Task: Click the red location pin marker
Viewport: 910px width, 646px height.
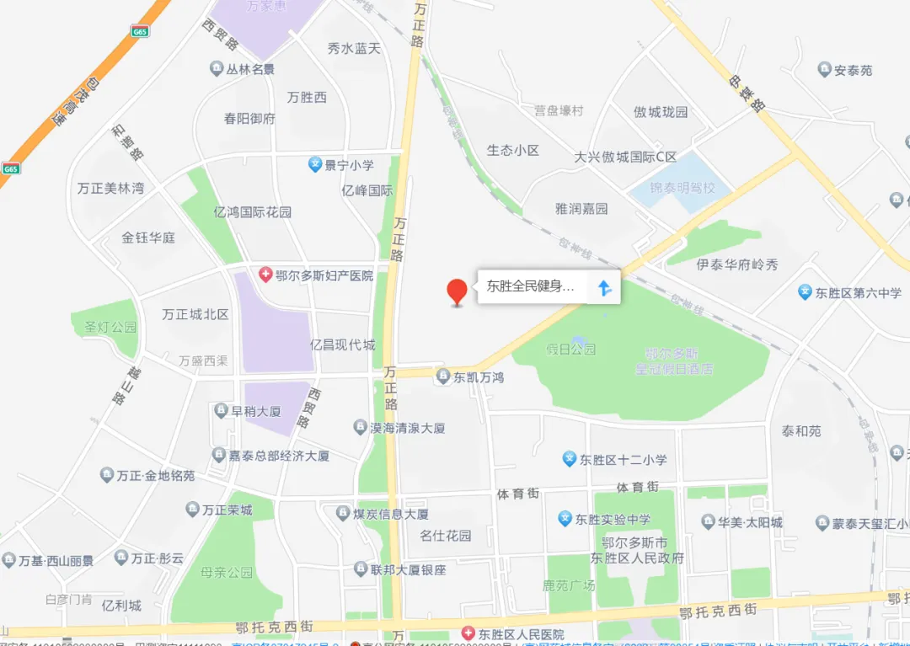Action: click(457, 291)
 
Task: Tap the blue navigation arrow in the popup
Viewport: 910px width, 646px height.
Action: click(604, 288)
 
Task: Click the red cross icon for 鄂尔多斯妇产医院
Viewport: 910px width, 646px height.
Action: click(265, 275)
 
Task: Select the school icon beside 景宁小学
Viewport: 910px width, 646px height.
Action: click(315, 165)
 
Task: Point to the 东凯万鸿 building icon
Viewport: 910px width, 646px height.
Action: click(443, 377)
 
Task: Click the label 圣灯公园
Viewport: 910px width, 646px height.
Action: click(104, 327)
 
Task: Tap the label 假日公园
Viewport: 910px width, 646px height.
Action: click(570, 349)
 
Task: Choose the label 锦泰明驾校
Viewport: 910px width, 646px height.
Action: click(682, 188)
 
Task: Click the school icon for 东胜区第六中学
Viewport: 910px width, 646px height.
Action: click(805, 292)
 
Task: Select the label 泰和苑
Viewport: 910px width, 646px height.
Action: click(800, 431)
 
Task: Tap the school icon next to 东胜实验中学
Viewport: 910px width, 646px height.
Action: click(565, 520)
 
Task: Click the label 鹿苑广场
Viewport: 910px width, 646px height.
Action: click(569, 585)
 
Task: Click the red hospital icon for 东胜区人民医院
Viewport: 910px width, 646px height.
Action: click(468, 633)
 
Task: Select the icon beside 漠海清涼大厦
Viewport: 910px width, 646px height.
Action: click(360, 428)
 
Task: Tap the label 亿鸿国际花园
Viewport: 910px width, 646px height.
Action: click(253, 212)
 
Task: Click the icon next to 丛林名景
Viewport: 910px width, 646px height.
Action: click(217, 69)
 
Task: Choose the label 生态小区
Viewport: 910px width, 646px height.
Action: click(512, 151)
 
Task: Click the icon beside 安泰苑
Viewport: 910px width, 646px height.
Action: click(824, 70)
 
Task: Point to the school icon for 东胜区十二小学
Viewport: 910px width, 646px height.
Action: click(570, 460)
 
